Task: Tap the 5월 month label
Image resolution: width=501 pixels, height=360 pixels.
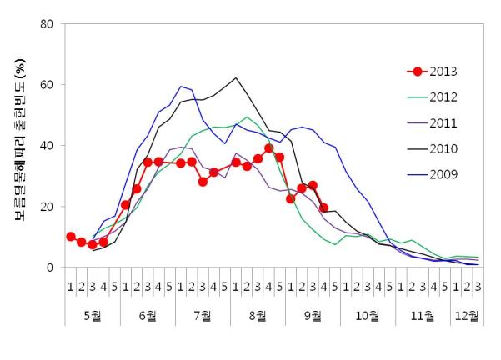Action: point(93,316)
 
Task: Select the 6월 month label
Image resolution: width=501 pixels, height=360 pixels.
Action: point(148,316)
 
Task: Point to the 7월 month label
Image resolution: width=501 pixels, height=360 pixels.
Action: point(203,316)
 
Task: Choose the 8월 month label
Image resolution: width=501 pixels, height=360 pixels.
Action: point(258,316)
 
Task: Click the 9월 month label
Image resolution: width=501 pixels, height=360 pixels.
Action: point(313,316)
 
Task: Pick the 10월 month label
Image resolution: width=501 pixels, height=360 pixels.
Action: point(368,316)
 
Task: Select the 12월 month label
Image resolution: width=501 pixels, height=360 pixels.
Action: point(467,316)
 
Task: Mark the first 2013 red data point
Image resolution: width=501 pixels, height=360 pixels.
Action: point(71,237)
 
